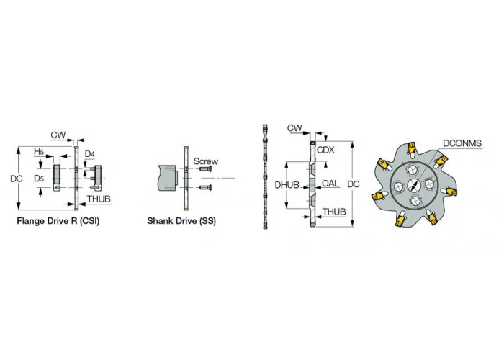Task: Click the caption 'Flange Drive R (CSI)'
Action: [x=58, y=221]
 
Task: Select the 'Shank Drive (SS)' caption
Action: [x=181, y=221]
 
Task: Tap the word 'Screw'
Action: [x=206, y=161]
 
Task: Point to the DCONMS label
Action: [x=462, y=143]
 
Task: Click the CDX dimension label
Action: [x=325, y=150]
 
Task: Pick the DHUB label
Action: [x=287, y=185]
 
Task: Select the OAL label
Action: [x=330, y=183]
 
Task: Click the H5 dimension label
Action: [x=39, y=151]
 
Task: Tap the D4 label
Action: [x=90, y=154]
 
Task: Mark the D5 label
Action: [x=39, y=179]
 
